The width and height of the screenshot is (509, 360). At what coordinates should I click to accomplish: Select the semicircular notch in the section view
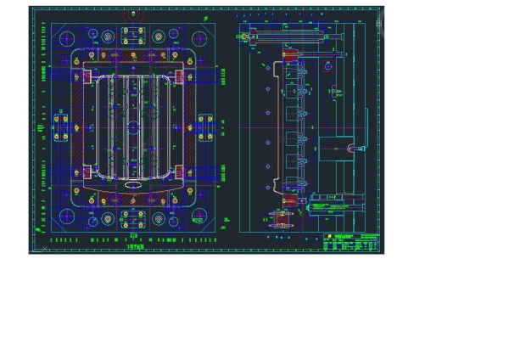pyautogui.click(x=350, y=148)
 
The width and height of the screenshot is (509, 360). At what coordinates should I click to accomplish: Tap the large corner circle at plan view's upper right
pyautogui.click(x=201, y=40)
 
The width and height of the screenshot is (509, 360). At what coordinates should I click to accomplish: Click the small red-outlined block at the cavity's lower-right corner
pyautogui.click(x=177, y=177)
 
